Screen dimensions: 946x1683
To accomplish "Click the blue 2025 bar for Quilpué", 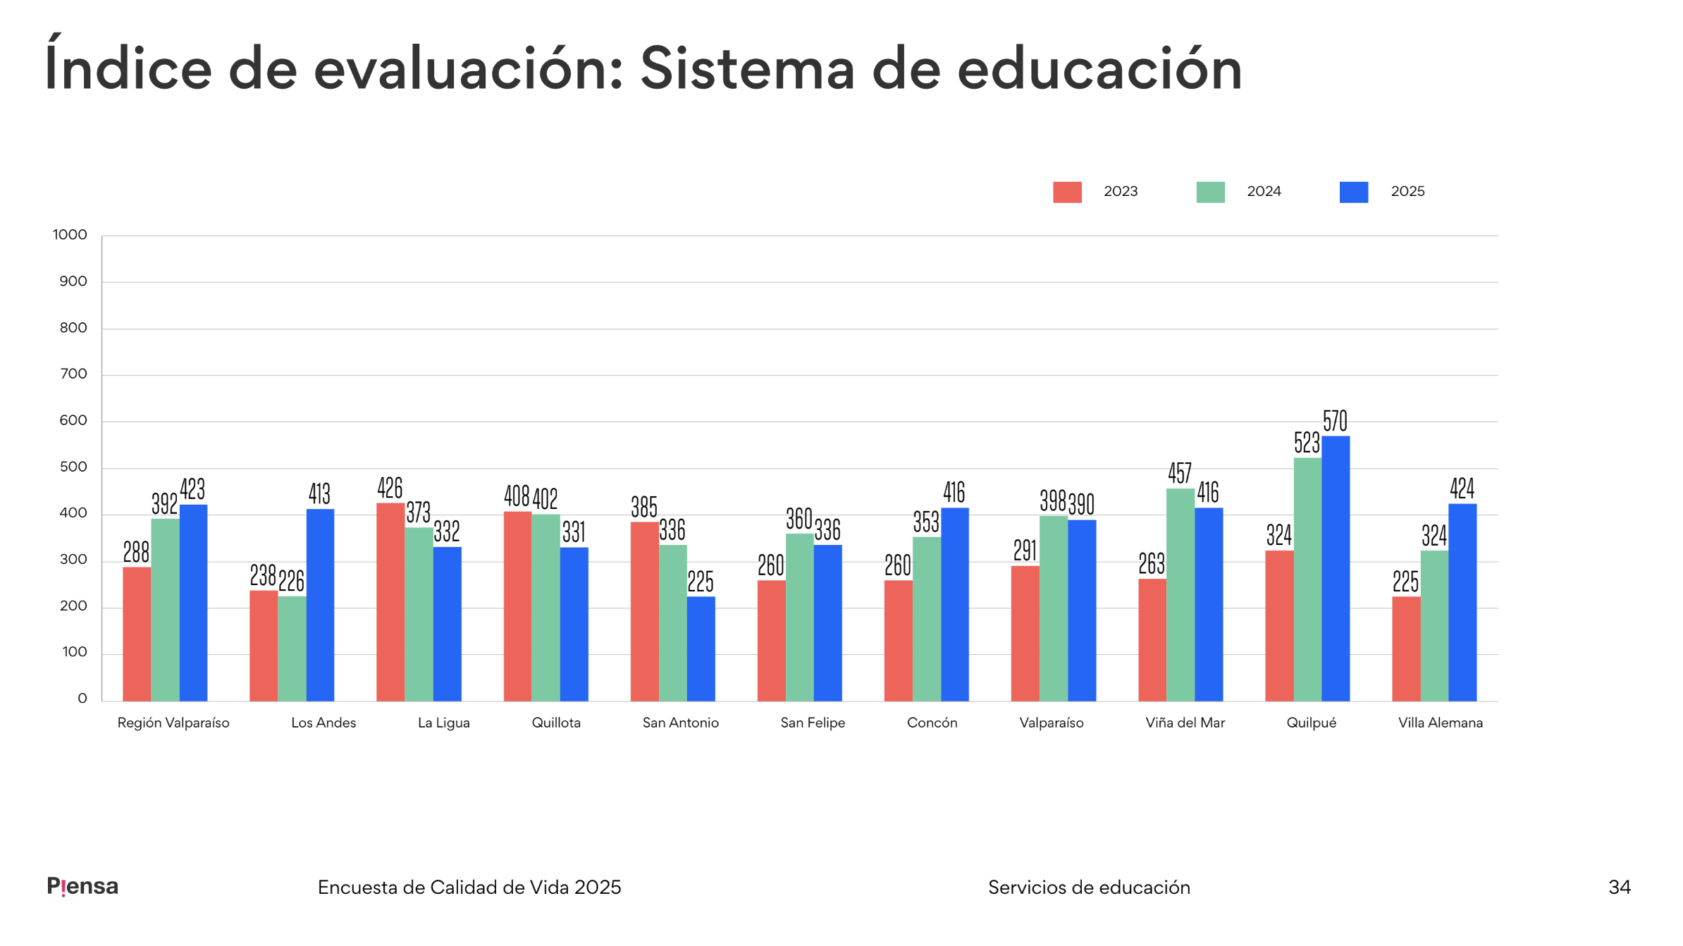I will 1336,568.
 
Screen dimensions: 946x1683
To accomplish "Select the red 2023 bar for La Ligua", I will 390,602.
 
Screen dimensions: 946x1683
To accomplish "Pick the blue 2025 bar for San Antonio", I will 701,649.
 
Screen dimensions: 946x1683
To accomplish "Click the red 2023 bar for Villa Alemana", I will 1406,649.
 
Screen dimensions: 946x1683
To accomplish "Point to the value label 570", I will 1335,421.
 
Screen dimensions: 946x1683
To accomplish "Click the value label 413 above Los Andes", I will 319,493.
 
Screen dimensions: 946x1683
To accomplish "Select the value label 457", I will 1179,473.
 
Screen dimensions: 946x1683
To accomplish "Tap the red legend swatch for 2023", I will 1067,192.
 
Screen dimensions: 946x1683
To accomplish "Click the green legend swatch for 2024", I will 1210,192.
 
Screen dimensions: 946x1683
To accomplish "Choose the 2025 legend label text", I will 1407,192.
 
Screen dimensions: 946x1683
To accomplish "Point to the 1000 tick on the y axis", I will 70,235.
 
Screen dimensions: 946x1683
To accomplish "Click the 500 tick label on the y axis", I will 73,467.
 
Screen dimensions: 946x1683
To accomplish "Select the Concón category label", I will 932,723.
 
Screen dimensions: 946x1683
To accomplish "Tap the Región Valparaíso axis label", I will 173,723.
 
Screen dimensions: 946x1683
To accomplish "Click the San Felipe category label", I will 813,723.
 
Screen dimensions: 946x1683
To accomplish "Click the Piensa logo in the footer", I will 82,886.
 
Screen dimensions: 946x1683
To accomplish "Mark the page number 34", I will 1619,887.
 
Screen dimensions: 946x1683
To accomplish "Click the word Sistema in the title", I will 747,69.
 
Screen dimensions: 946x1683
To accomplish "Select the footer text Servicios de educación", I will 1089,887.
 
